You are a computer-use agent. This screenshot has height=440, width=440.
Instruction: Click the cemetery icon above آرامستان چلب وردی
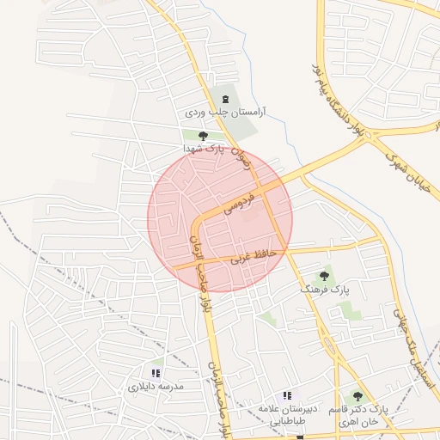(x=226, y=100)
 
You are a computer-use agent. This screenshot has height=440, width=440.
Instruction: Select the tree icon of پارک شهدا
(x=203, y=136)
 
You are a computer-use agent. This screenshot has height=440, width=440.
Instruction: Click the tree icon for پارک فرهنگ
(x=323, y=277)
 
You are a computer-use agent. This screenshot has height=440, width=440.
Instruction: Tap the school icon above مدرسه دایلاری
(x=156, y=373)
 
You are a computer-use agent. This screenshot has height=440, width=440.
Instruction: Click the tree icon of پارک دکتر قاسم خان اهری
(x=357, y=397)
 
